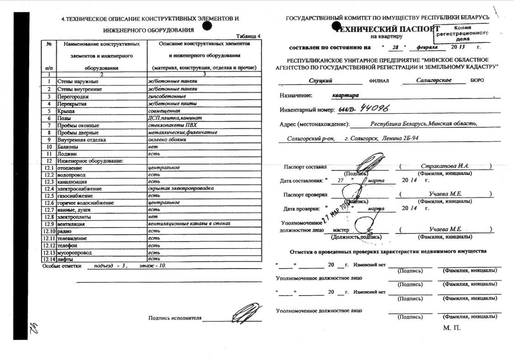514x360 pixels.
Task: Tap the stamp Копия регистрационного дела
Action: point(462,34)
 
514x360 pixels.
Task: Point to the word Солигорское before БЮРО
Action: point(428,80)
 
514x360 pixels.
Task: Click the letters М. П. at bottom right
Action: point(451,328)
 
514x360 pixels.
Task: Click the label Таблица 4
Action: point(248,36)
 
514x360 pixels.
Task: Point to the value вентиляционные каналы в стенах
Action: point(186,224)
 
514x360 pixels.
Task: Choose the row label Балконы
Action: point(68,147)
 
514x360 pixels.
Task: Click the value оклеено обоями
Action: point(164,139)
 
